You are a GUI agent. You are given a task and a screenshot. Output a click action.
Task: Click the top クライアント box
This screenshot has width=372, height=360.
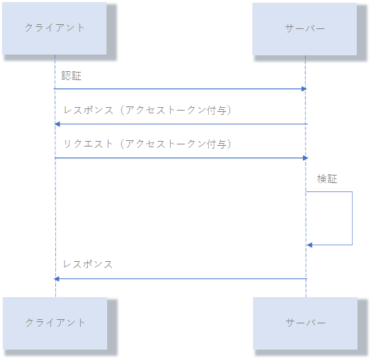(55, 28)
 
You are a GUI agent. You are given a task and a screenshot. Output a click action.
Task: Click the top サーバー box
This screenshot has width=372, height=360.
(305, 29)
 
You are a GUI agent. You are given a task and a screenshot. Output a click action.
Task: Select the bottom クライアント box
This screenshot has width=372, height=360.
(55, 323)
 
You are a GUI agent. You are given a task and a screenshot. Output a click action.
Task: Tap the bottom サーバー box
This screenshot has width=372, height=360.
(306, 323)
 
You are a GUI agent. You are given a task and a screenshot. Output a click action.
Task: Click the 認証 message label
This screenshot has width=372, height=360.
(71, 76)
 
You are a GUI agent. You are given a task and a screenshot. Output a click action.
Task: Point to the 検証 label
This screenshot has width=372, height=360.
(327, 179)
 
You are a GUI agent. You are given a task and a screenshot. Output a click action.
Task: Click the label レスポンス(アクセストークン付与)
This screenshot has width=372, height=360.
(147, 111)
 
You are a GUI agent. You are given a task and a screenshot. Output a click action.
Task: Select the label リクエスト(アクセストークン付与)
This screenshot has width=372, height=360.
(147, 144)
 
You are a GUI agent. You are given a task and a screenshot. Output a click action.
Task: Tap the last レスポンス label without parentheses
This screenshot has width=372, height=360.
(88, 264)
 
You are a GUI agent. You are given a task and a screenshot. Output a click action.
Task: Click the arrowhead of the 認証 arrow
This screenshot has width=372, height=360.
(304, 89)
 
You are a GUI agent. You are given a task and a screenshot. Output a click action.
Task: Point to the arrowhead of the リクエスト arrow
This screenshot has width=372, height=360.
(306, 158)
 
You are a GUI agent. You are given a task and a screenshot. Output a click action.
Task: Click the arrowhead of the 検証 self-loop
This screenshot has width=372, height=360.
(309, 245)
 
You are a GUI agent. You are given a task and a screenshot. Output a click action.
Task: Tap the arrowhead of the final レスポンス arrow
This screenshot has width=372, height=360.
(57, 279)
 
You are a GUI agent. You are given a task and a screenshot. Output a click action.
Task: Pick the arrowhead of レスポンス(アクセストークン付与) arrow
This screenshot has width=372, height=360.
(57, 124)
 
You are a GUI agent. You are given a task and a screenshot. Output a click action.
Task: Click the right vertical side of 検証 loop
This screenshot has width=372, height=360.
(353, 218)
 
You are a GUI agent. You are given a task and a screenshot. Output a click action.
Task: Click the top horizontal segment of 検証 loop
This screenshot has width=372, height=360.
(329, 191)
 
